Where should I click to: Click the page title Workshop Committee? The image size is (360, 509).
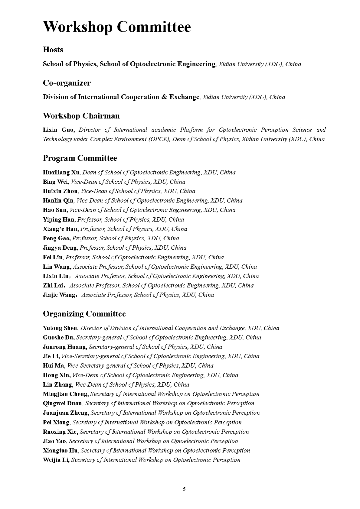click(x=117, y=27)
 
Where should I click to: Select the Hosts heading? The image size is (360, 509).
click(x=53, y=50)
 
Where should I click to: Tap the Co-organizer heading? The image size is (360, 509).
click(x=67, y=83)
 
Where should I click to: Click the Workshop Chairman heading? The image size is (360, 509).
click(x=81, y=116)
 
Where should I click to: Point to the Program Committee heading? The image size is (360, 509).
click(x=80, y=158)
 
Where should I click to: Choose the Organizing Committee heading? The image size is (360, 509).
click(x=84, y=314)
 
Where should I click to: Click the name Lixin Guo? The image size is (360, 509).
click(x=58, y=130)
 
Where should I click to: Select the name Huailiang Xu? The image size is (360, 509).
click(x=61, y=173)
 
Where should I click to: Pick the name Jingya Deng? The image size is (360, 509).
click(x=60, y=248)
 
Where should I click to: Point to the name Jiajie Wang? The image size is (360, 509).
click(x=59, y=295)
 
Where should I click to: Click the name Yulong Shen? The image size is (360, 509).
click(x=60, y=328)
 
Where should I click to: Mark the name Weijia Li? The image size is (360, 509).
click(x=56, y=460)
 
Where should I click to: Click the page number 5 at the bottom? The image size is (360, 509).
click(x=184, y=489)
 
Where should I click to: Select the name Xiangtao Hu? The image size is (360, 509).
click(x=60, y=451)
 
